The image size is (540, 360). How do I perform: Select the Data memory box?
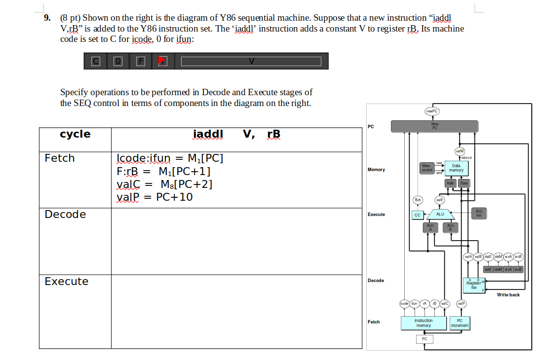click(456, 168)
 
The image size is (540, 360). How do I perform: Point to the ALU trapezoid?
click(440, 214)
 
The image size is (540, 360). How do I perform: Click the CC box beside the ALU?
click(417, 215)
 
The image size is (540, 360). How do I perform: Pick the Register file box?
click(473, 285)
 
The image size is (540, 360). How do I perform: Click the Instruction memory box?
click(424, 323)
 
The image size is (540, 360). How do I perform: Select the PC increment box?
click(460, 323)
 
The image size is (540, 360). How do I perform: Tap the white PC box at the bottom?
click(424, 339)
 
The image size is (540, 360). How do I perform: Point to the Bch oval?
click(418, 200)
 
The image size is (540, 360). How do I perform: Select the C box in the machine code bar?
click(96, 61)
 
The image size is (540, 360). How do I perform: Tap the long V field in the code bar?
click(251, 61)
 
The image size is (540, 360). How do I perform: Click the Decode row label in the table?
click(65, 215)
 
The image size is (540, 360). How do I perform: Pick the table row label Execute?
click(67, 282)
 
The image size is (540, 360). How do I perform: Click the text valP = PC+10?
click(154, 197)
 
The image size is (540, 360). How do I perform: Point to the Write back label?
click(508, 295)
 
